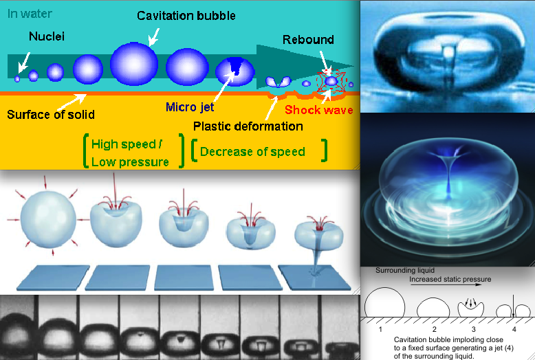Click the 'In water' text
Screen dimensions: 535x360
pyautogui.click(x=30, y=14)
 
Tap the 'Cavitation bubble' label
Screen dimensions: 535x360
pyautogui.click(x=186, y=16)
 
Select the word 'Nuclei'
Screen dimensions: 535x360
pyautogui.click(x=47, y=36)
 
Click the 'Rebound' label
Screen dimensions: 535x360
pyautogui.click(x=308, y=40)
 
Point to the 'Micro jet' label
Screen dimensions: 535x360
pyautogui.click(x=190, y=107)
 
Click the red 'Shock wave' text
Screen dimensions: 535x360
pyautogui.click(x=319, y=110)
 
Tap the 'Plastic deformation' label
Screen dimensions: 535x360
pyautogui.click(x=248, y=126)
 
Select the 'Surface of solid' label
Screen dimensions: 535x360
pyautogui.click(x=51, y=115)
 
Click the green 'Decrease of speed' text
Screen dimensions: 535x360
pyautogui.click(x=252, y=152)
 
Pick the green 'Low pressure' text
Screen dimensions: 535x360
pyautogui.click(x=130, y=162)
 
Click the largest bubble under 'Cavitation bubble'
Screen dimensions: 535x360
pyautogui.click(x=134, y=64)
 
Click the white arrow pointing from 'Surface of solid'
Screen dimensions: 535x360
pyautogui.click(x=72, y=102)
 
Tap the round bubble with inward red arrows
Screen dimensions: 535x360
pyautogui.click(x=48, y=219)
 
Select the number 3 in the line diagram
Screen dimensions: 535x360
pyautogui.click(x=474, y=329)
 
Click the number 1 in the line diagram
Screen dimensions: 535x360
pyautogui.click(x=380, y=329)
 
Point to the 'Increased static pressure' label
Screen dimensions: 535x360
pyautogui.click(x=450, y=279)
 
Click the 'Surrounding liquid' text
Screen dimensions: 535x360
pyautogui.click(x=405, y=270)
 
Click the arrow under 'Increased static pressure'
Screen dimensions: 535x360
pyautogui.click(x=446, y=284)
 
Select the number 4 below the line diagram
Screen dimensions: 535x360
pyautogui.click(x=514, y=329)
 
